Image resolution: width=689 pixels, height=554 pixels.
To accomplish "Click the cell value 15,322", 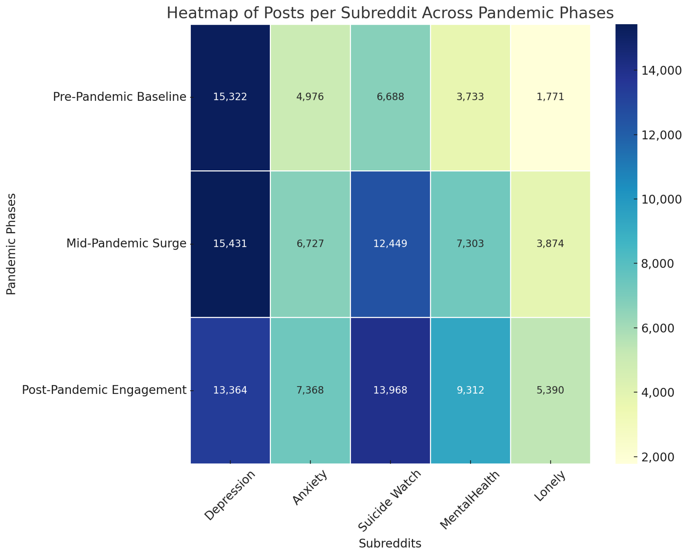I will (x=230, y=97).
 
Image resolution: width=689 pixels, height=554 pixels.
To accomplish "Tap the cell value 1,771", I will (x=550, y=97).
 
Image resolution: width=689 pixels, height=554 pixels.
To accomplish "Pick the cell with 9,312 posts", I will (x=470, y=390).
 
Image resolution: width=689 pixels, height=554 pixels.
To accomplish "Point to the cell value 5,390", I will (x=550, y=390).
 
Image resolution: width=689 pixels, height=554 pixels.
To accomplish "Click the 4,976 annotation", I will (x=310, y=97).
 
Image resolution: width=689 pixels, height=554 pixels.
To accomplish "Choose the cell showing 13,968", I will (x=390, y=390).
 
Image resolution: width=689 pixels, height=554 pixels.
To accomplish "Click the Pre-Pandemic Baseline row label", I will (x=119, y=97).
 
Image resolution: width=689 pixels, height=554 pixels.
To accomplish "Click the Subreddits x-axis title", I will (x=390, y=543).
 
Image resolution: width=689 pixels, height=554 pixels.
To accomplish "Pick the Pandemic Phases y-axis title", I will (x=11, y=244).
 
